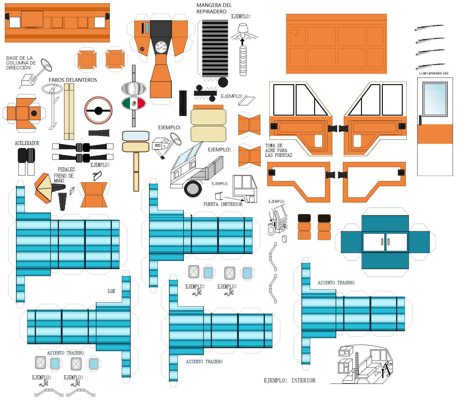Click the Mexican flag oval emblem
click(134, 104)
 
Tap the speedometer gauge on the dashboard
click(161, 47)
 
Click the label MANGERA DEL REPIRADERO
click(214, 8)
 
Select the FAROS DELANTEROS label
click(73, 80)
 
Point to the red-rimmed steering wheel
click(99, 110)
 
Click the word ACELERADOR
click(27, 143)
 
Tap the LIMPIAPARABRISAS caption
click(434, 74)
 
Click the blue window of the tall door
click(435, 99)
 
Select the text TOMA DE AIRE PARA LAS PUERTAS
click(278, 150)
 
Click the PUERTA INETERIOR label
click(223, 204)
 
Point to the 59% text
click(111, 291)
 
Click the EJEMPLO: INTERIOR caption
click(289, 381)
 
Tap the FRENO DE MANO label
click(63, 178)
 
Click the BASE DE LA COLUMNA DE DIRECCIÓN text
click(21, 63)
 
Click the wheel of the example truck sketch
click(193, 189)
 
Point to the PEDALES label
click(66, 170)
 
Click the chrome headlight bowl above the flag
click(134, 88)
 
